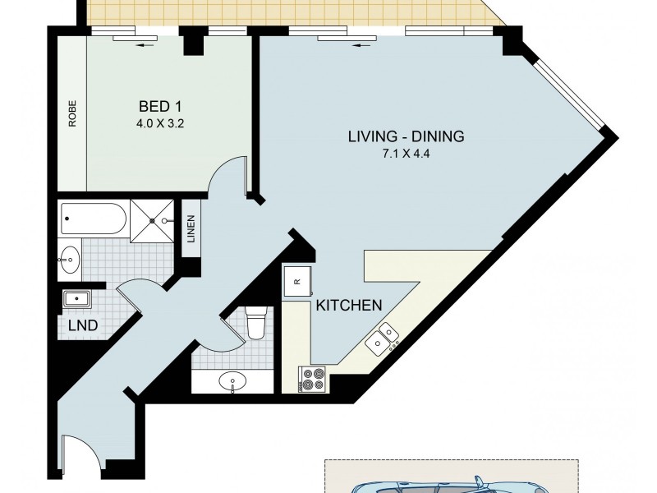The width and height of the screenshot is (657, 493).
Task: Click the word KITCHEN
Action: click(349, 305)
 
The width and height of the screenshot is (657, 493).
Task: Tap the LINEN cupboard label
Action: click(191, 229)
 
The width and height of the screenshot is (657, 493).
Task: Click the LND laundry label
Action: click(83, 325)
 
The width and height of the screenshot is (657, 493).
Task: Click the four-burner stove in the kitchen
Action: click(313, 377)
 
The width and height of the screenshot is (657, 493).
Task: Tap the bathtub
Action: click(93, 219)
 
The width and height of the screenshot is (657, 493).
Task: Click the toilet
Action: click(256, 321)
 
